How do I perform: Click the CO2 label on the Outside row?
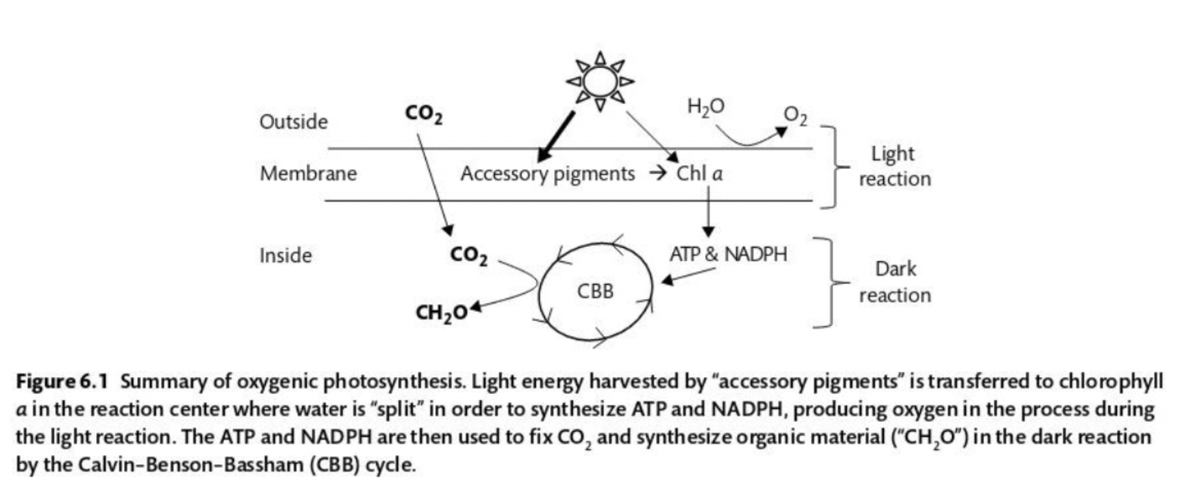coord(423,114)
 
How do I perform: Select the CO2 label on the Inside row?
coord(468,255)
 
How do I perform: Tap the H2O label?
coord(705,107)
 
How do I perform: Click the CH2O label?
coord(442,313)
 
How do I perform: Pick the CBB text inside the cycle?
coord(595,291)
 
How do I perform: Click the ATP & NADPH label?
coord(728,253)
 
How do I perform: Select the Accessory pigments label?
coord(547,174)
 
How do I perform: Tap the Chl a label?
coord(699,174)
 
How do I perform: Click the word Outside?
coord(294,122)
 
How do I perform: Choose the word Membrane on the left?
coord(308,174)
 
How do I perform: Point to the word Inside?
coord(285,255)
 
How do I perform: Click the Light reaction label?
coord(894,166)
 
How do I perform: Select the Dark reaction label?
coord(894,282)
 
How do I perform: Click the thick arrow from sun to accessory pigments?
coord(557,136)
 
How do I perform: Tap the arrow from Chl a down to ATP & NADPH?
coord(708,211)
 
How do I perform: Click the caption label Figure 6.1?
coord(62,381)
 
